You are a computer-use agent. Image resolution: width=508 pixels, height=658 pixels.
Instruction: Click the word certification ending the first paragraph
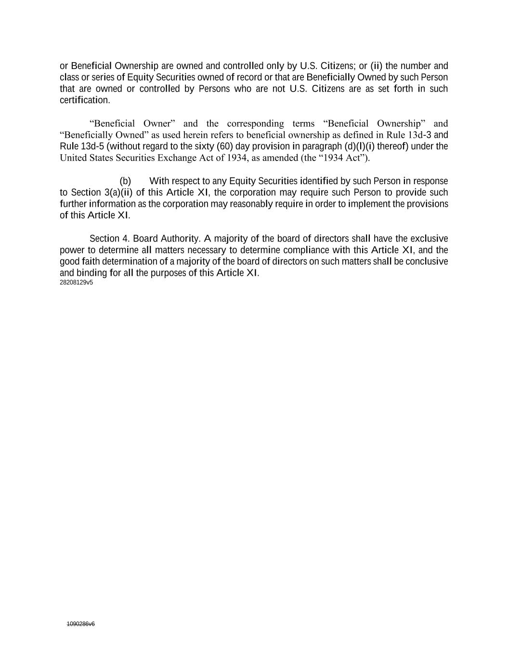click(84, 100)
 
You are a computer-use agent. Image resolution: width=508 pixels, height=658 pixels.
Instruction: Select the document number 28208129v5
click(76, 282)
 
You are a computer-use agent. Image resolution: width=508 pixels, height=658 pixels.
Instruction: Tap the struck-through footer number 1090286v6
click(81, 624)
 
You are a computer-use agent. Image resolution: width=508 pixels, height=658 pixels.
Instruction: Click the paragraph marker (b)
click(125, 181)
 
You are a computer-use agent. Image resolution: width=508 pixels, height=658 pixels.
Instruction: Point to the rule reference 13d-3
click(419, 135)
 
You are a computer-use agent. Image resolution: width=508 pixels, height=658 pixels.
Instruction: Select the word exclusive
click(429, 239)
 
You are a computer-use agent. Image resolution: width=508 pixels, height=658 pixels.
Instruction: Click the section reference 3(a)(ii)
click(118, 193)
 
